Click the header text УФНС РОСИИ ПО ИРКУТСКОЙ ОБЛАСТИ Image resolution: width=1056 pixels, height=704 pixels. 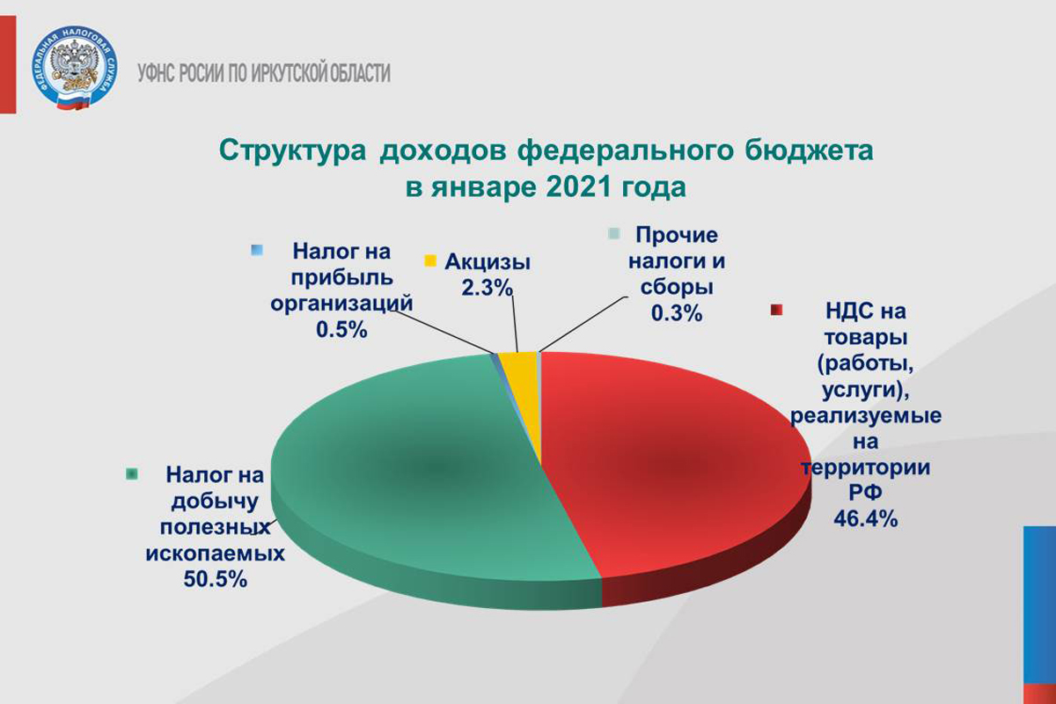pos(264,74)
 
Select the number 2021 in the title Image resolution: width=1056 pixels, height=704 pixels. pos(582,187)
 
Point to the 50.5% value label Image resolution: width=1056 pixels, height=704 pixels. pos(215,580)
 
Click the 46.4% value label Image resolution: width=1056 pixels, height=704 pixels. pos(866,519)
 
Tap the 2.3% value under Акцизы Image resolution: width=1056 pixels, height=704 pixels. pos(487,288)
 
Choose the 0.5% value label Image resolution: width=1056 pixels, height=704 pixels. pos(341,330)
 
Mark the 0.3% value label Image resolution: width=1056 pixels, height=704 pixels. pos(677,313)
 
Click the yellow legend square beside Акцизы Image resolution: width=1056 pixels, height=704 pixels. pos(430,261)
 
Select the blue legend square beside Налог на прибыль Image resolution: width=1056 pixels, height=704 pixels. pos(257,250)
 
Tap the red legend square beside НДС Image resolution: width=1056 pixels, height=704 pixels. pos(776,311)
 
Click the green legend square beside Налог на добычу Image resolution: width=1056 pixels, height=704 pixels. pos(132,474)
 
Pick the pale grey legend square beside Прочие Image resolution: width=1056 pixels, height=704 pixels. pos(614,234)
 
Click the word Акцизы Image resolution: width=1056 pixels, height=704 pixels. pos(488,262)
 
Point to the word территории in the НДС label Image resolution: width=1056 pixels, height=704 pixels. pos(866,468)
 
